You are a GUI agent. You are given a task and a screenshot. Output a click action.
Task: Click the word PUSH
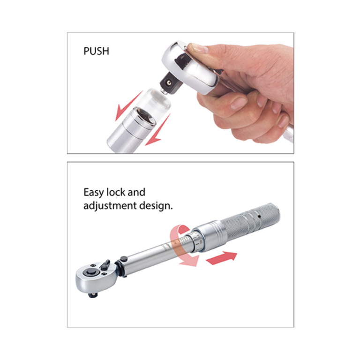click(96, 51)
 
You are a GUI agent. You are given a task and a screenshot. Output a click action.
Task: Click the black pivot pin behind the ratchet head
click(123, 259)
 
